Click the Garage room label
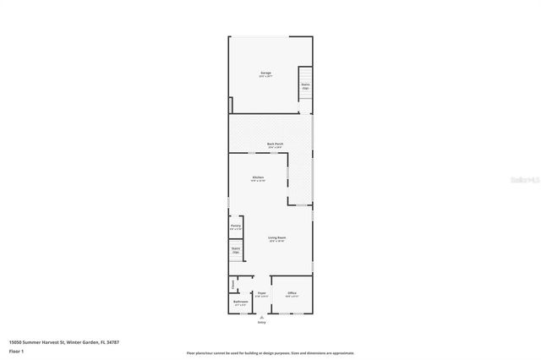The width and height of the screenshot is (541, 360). [265, 74]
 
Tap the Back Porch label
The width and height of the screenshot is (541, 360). [274, 144]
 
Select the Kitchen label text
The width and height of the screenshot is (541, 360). [258, 177]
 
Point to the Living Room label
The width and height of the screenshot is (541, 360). [276, 237]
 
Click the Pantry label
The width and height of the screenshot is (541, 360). [235, 226]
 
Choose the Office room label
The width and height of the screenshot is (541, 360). [291, 292]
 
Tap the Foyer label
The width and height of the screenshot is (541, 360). [262, 292]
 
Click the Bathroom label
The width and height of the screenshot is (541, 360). [239, 302]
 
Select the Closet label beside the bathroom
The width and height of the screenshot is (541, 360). [233, 283]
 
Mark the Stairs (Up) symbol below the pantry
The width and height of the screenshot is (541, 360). [236, 251]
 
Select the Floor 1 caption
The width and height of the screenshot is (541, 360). [17, 350]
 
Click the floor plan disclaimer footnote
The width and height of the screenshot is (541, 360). [270, 353]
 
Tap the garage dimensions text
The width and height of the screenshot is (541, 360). [265, 77]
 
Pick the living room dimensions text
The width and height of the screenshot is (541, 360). [276, 242]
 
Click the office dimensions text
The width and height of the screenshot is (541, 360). [291, 296]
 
